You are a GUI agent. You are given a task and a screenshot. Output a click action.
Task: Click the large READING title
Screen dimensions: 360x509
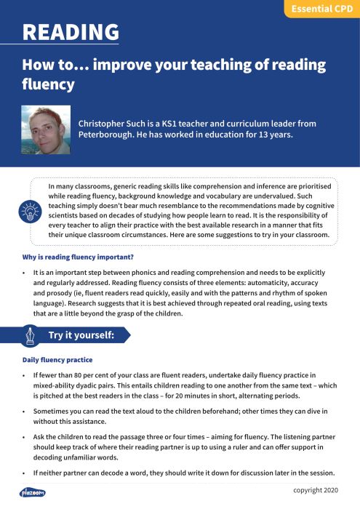(71, 32)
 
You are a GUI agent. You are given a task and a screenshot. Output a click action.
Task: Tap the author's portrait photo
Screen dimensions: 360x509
(46, 129)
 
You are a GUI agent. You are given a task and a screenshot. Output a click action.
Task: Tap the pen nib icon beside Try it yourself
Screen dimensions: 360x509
(31, 335)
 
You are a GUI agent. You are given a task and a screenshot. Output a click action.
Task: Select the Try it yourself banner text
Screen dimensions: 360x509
(82, 335)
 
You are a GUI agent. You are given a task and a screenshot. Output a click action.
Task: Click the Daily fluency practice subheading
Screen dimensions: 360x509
(57, 360)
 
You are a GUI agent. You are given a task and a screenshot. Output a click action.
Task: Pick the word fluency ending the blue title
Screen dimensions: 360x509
(48, 84)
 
